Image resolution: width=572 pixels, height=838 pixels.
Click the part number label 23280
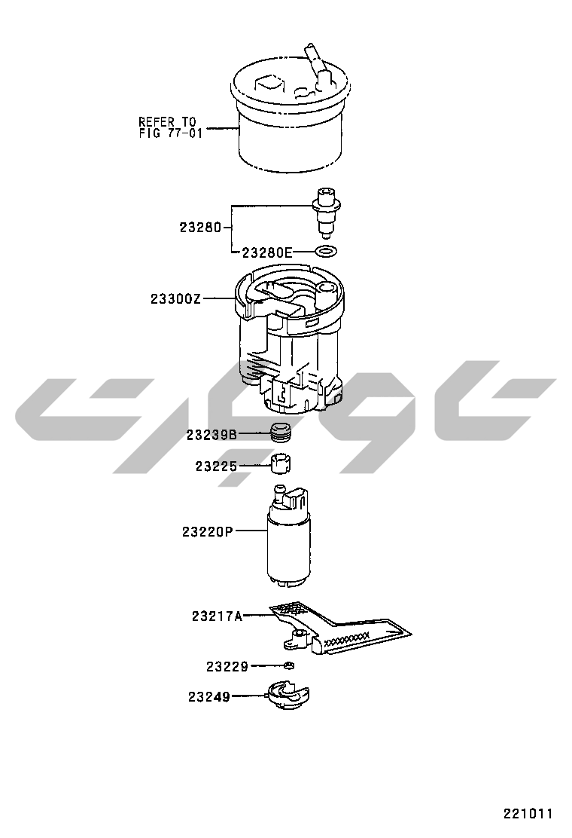tap(200, 227)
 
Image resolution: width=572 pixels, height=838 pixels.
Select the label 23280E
tap(268, 252)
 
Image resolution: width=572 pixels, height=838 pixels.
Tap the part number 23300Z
tap(175, 298)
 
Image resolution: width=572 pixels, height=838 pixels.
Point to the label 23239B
tap(211, 435)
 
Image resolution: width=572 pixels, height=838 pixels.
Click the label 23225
tap(216, 466)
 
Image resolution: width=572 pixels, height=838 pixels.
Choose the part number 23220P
tap(208, 532)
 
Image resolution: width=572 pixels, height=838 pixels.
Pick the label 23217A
tap(218, 616)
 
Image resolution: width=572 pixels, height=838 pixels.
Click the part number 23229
tap(227, 666)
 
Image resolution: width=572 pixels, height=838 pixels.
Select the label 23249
tap(209, 697)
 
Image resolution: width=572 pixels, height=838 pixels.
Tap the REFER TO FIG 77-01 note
tap(171, 127)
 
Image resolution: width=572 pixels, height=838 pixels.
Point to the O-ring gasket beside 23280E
tap(326, 250)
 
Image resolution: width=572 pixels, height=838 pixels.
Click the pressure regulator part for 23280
tap(325, 213)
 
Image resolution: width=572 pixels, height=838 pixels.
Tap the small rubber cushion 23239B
tap(283, 433)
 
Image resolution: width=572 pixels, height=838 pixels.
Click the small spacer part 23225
tap(281, 463)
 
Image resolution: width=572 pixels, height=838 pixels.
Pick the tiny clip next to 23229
tap(289, 665)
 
